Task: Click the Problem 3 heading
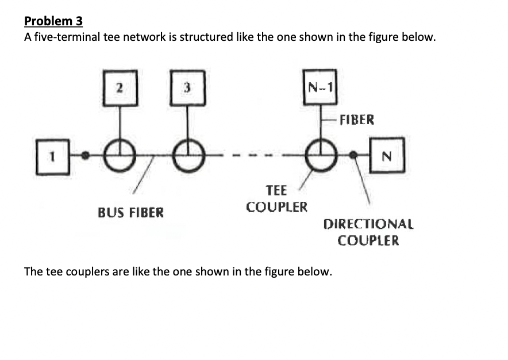pyautogui.click(x=53, y=21)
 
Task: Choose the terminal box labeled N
pyautogui.click(x=389, y=155)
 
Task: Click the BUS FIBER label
pyautogui.click(x=130, y=213)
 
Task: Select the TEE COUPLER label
pyautogui.click(x=276, y=198)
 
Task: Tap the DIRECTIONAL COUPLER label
pyautogui.click(x=368, y=232)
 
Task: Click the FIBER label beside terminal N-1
pyautogui.click(x=357, y=120)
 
